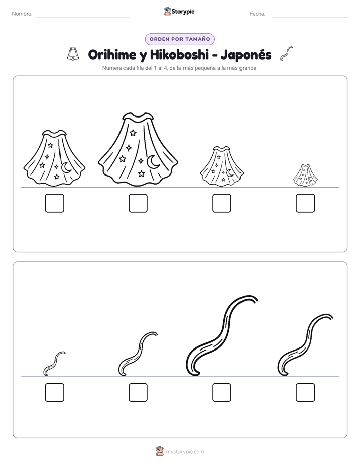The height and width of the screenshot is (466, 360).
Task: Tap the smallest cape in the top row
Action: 306,176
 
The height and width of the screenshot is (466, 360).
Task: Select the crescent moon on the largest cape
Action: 153,162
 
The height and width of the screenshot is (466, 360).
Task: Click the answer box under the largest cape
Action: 138,203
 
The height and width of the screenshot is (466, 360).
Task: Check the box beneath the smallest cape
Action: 306,203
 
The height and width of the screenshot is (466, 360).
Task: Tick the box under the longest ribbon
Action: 222,392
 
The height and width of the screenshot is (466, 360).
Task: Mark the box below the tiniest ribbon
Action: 54,392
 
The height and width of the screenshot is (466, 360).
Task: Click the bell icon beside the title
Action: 73,54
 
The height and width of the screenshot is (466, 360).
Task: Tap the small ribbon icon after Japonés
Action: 286,54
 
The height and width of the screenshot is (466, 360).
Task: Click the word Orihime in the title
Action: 112,54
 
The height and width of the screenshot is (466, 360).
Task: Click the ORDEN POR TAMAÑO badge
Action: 179,39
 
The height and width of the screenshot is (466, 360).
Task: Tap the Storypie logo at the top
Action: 179,12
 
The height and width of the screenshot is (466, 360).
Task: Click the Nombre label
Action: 22,14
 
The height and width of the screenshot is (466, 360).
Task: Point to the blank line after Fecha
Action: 311,17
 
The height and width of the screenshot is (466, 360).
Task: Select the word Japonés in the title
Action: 246,55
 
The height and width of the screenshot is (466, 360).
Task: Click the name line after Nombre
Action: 83,17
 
